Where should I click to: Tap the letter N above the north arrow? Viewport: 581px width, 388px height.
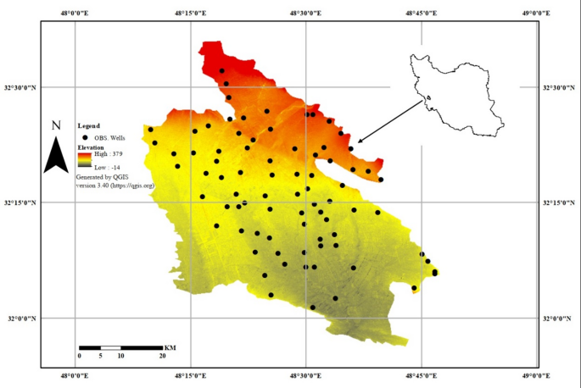coord(56,126)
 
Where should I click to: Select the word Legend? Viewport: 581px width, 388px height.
coord(88,125)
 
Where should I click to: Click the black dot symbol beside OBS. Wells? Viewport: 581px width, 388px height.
coord(86,137)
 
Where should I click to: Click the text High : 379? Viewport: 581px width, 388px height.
coord(109,155)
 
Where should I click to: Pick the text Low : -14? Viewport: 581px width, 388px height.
coord(107,169)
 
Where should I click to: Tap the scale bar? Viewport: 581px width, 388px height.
coord(120,347)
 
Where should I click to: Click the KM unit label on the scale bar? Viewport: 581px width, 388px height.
coord(170,347)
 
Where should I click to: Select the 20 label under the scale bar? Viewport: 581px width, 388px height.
coord(163,356)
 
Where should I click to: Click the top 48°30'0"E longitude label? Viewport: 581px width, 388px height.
coord(305,13)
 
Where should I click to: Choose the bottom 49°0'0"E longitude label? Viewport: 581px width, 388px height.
coord(537,375)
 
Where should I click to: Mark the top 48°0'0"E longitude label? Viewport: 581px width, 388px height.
coord(75,13)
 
